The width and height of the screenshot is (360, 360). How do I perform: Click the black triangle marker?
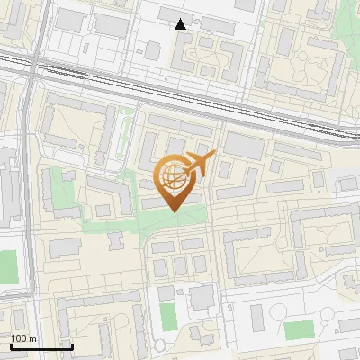[181, 24]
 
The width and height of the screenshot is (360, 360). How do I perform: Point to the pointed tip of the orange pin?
[174, 211]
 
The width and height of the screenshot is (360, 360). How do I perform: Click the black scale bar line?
[41, 346]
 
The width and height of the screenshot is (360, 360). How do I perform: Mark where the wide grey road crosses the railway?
[32, 67]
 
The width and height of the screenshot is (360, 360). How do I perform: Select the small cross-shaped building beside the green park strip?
[115, 240]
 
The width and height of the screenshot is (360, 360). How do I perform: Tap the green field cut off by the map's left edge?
[7, 266]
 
